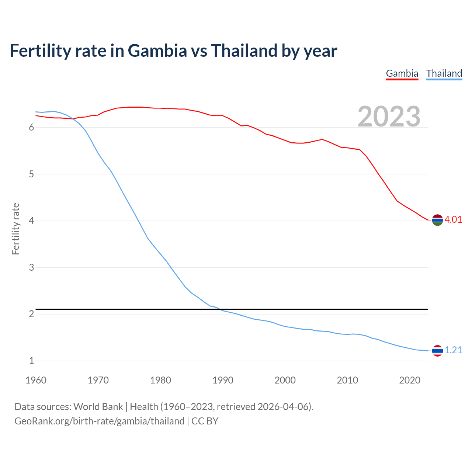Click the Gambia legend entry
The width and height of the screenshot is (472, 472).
[x=402, y=73]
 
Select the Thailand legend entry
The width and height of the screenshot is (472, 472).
[x=444, y=73]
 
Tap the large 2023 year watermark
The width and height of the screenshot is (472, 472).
[x=389, y=117]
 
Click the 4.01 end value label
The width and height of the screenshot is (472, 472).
[x=453, y=220]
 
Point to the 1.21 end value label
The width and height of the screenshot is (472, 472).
[x=453, y=350]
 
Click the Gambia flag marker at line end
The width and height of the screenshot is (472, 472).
[x=437, y=220]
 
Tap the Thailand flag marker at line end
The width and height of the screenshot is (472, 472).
[x=437, y=351]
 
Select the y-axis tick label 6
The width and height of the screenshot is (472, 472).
[x=31, y=128]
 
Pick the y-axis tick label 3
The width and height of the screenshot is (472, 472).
[x=31, y=267]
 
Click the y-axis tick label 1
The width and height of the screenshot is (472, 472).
[x=31, y=361]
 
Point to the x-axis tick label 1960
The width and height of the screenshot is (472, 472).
[x=36, y=380]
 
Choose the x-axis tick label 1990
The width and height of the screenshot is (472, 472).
[x=223, y=380]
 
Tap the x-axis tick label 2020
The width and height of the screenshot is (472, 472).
[x=410, y=380]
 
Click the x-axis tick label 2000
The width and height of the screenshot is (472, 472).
[x=285, y=380]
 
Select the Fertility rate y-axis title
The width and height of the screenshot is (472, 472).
[x=15, y=229]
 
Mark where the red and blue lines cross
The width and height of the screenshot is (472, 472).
[x=73, y=119]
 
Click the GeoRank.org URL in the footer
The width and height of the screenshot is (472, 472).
[x=99, y=421]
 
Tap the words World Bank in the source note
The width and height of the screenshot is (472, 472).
[x=98, y=407]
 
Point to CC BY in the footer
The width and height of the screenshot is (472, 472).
[x=205, y=421]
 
